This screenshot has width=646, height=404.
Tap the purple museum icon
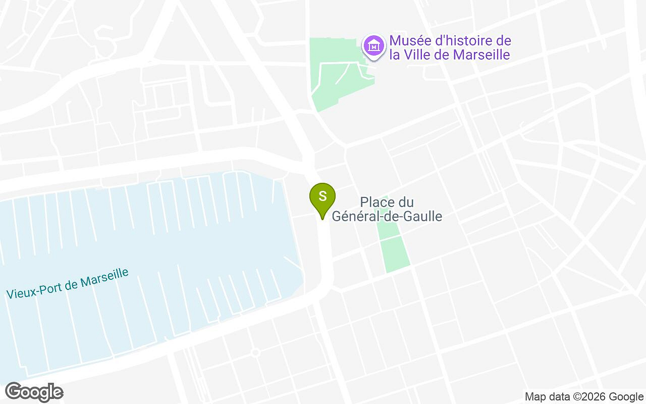pos(374,46)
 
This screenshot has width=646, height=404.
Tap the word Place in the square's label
pos(376,203)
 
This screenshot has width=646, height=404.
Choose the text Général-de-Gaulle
pos(387,217)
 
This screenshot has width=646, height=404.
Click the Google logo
pos(34,392)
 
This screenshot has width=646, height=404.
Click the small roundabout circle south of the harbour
pos(255,352)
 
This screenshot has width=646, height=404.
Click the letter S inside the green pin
pos(322,195)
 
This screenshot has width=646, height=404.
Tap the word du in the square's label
pos(406,203)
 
